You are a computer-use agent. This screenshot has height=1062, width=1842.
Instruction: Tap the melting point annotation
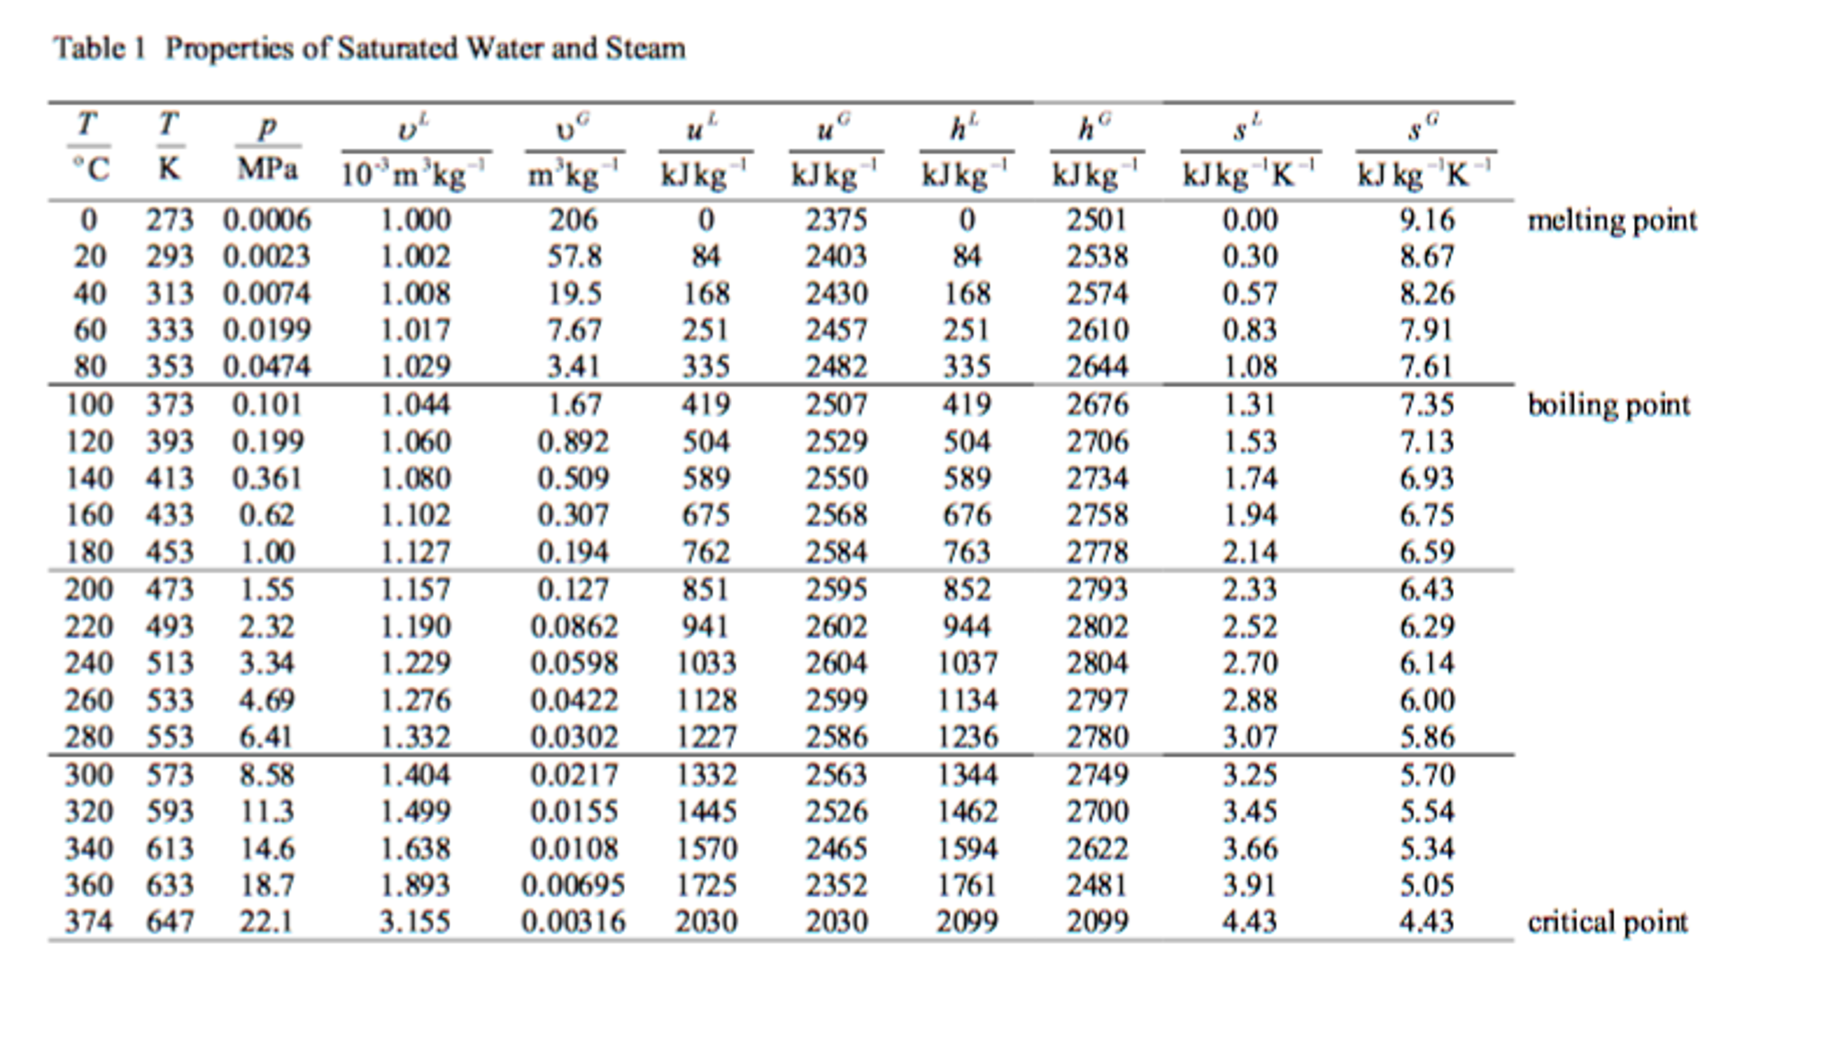1612,221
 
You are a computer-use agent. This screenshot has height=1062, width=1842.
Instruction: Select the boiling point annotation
1609,405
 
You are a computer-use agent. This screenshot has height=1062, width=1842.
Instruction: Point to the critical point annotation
1608,922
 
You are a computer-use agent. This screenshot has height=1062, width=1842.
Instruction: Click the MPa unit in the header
267,169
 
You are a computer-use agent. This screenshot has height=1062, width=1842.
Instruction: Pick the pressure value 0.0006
267,221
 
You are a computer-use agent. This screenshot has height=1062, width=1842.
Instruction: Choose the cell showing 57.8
574,258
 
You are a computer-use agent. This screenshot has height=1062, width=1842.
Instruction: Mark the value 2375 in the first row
836,221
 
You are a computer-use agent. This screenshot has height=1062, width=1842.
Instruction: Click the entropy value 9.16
1426,221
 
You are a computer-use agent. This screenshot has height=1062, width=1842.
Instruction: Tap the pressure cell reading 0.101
267,405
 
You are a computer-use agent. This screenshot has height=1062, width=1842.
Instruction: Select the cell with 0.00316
573,922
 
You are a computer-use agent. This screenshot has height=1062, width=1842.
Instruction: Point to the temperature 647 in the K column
170,922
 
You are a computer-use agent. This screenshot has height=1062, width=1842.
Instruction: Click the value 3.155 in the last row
415,922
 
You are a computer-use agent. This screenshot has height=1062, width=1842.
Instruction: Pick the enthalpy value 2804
1097,664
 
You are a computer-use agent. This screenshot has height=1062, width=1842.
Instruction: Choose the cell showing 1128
707,701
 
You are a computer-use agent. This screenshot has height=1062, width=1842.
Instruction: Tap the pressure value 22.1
266,922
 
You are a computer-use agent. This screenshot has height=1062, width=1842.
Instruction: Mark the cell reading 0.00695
573,885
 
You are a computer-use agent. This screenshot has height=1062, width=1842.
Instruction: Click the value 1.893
415,885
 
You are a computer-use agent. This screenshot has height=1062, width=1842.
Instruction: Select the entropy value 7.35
1426,405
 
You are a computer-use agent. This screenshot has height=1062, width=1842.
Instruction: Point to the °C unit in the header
90,169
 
